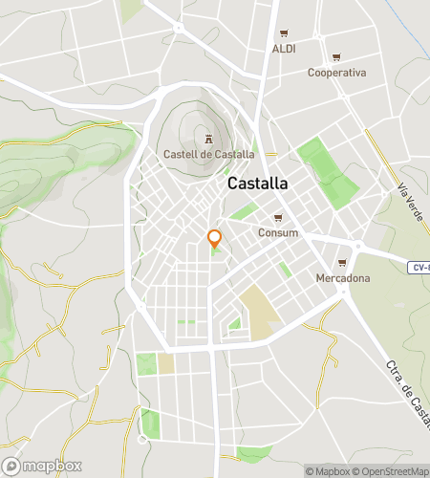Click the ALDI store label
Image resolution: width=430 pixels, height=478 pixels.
284,49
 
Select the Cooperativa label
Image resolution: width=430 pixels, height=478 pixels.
336,73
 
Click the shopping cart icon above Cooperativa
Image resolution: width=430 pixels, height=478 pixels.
336,57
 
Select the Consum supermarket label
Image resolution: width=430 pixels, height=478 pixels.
278,232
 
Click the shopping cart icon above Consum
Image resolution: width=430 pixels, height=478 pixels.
278,217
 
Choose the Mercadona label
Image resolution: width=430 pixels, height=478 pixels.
342,278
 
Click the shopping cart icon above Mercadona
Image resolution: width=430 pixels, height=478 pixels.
342,263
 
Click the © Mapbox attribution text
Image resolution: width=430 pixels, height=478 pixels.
328,470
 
